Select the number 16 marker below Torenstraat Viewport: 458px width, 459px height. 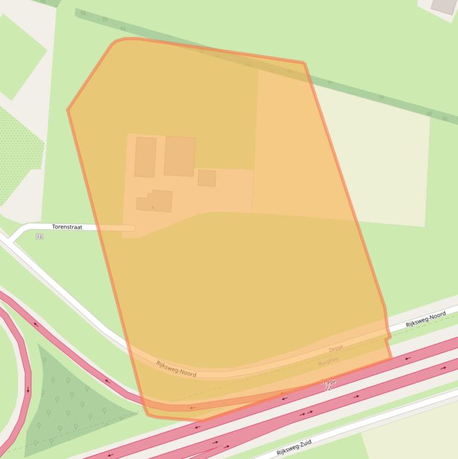[39, 237]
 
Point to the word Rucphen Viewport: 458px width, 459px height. [328, 361]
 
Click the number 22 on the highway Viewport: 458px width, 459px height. [328, 388]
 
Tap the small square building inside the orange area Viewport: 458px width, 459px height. [207, 178]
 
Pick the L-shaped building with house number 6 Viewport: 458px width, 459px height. [155, 201]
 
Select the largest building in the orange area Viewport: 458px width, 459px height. [179, 156]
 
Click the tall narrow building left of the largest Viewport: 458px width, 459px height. [145, 157]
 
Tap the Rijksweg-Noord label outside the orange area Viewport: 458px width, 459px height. [425, 319]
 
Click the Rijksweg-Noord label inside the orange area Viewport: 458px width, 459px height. [176, 368]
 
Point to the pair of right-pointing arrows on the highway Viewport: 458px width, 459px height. [306, 413]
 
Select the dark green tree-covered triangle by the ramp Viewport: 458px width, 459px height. [66, 399]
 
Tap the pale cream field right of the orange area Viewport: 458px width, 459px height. [381, 161]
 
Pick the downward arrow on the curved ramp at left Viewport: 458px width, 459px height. [27, 389]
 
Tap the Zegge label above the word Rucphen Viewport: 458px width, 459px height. [335, 349]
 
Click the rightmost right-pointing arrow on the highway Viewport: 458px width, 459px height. [443, 368]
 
